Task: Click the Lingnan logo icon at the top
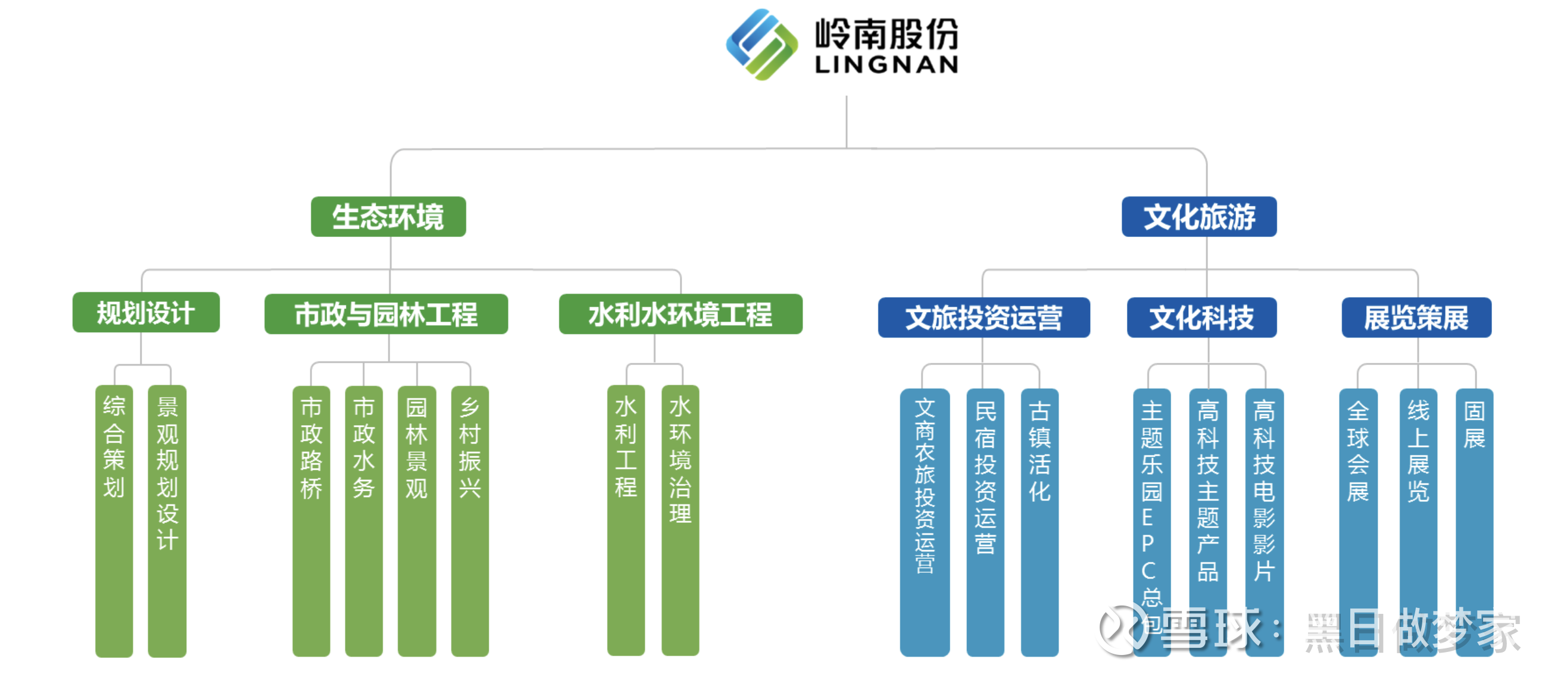[761, 44]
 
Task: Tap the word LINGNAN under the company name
[886, 64]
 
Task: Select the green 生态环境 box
[388, 217]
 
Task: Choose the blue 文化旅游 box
[1198, 217]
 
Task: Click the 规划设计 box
[146, 313]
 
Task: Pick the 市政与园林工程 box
[386, 314]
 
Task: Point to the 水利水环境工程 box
[680, 314]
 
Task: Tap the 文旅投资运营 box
[983, 317]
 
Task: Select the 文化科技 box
[1201, 317]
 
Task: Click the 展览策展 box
[1416, 317]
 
